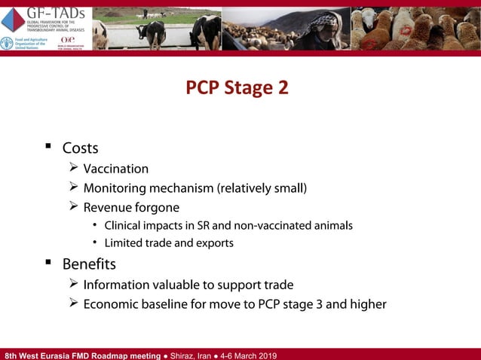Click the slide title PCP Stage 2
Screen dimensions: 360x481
(237, 88)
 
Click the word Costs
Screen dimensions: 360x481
(80, 148)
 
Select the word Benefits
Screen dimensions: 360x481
(89, 264)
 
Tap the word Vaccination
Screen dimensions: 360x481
(115, 169)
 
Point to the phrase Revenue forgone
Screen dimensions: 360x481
(131, 206)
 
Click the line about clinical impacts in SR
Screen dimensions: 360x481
(228, 225)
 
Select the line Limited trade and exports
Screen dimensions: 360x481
(168, 243)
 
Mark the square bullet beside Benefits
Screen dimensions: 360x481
(47, 263)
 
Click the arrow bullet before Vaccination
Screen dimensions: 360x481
(73, 168)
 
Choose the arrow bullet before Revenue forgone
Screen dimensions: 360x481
(73, 206)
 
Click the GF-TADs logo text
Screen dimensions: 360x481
(57, 13)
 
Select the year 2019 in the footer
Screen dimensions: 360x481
(265, 355)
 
